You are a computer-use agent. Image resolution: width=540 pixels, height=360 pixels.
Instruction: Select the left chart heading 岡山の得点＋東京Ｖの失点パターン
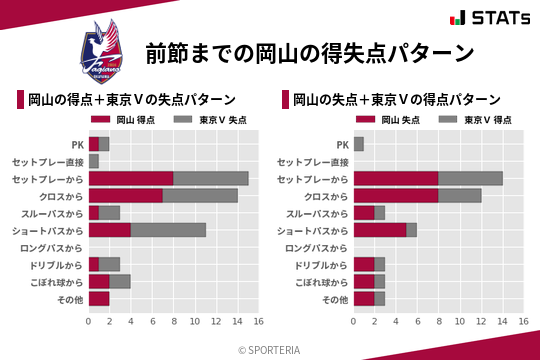pos(131,100)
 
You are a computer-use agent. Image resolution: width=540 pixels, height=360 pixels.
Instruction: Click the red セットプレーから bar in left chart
pos(131,178)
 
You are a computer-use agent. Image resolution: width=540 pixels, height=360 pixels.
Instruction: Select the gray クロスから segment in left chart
pos(200,195)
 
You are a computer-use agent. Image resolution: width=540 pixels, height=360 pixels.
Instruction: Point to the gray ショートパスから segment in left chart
pos(168,230)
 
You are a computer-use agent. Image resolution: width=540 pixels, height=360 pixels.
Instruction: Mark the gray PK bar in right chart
pos(359,144)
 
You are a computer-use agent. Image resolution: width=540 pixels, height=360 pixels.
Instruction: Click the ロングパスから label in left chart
pos(53,247)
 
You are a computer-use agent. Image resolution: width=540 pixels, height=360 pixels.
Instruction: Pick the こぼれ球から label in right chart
pos(318,282)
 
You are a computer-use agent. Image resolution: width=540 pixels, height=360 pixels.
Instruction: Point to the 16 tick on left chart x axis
pos(258,322)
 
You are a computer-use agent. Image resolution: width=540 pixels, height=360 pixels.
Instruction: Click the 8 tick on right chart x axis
pos(438,322)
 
